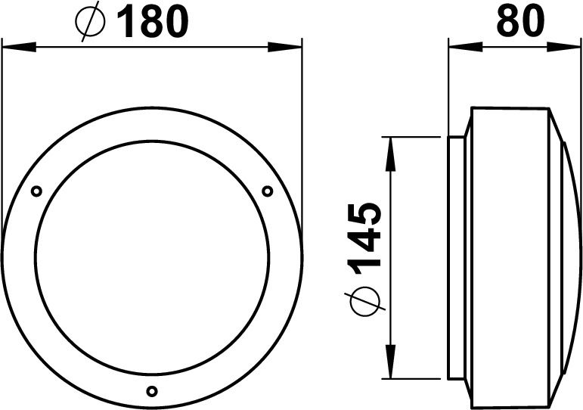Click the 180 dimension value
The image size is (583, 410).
[x=151, y=23]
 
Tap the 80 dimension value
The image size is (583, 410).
[x=521, y=23]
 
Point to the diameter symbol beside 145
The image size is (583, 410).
[x=366, y=300]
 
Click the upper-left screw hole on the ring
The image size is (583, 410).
[x=36, y=191]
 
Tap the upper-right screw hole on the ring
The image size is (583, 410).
[x=267, y=191]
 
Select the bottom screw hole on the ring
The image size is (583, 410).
[x=151, y=391]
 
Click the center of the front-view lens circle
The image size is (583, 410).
[x=151, y=256]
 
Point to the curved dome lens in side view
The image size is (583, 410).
[x=566, y=257]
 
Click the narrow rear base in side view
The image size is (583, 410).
[x=456, y=257]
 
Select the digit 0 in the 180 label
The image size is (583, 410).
[x=175, y=23]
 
